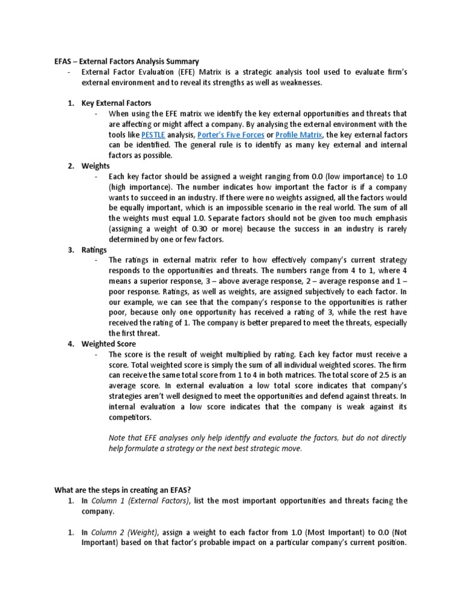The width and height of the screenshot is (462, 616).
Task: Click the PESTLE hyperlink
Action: [153, 134]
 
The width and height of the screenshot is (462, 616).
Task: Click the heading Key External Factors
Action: [116, 103]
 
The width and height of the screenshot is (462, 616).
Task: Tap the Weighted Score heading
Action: [108, 343]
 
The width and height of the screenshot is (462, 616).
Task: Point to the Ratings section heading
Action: [94, 249]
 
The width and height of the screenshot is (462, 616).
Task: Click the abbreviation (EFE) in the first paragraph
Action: [173, 72]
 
